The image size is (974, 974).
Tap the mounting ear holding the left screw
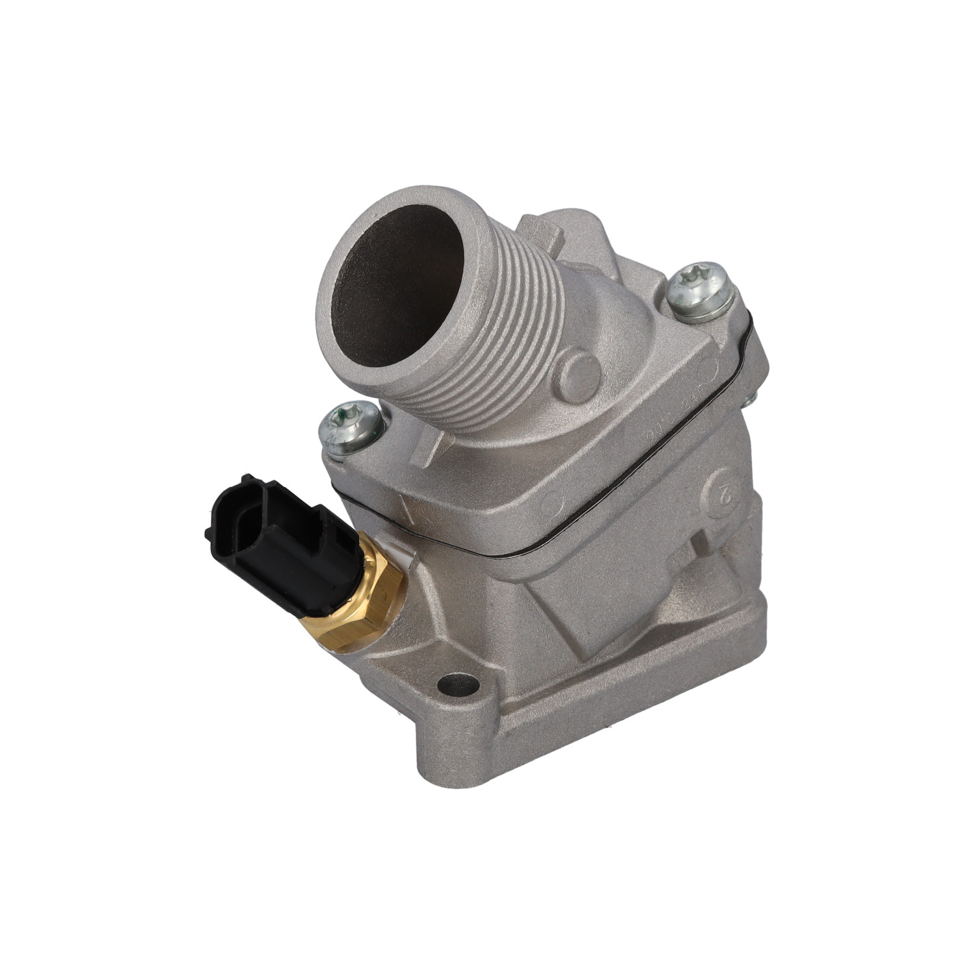pos(364,455)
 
